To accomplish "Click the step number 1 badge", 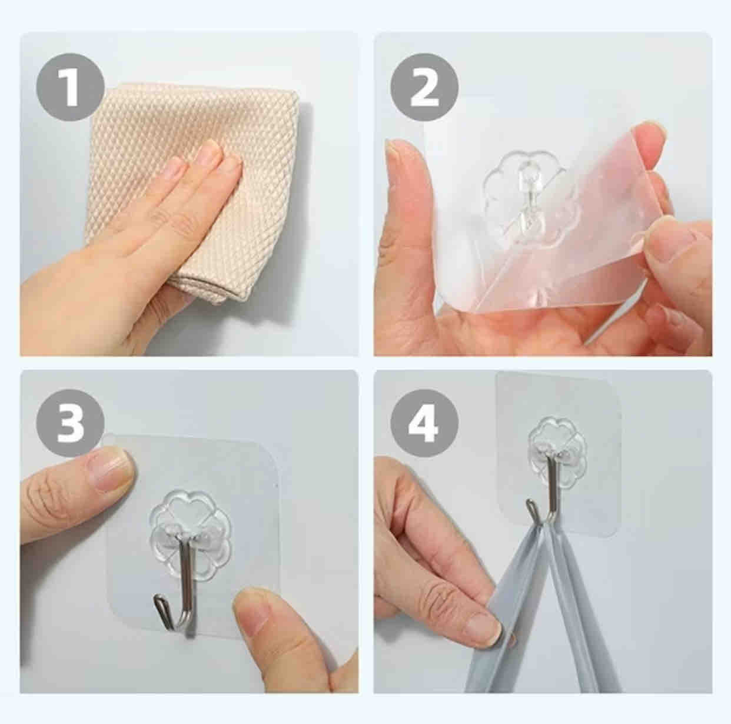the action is (70, 87).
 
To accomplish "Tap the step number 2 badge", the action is (424, 87).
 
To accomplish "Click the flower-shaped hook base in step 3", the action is (190, 532).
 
